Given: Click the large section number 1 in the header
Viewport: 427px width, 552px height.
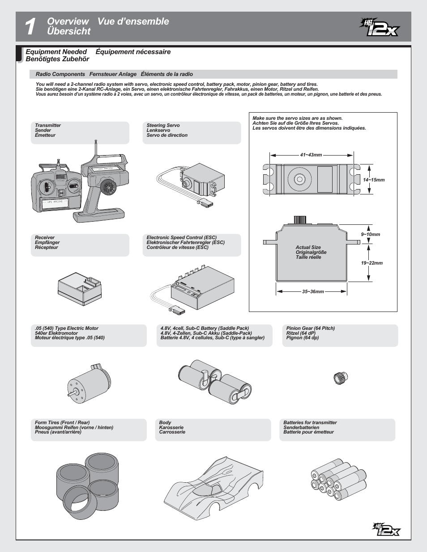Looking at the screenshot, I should click(x=30, y=27).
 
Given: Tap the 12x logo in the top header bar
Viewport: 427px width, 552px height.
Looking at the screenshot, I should click(x=380, y=27).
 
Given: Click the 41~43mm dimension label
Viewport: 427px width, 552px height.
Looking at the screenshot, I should click(x=311, y=155).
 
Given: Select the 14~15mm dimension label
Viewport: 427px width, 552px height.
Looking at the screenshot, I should click(x=374, y=180).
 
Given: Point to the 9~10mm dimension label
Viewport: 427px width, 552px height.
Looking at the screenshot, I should click(x=371, y=235).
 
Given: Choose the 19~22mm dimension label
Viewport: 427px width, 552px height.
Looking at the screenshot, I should click(x=372, y=263).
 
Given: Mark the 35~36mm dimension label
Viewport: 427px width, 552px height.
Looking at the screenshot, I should click(x=313, y=292).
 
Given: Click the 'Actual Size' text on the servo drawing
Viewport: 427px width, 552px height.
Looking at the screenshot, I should click(x=308, y=247).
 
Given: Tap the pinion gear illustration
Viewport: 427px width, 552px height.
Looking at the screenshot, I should click(x=341, y=379).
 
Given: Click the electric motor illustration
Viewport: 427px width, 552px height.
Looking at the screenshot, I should click(x=89, y=384).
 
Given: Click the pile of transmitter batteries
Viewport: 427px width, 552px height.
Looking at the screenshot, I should click(x=338, y=479).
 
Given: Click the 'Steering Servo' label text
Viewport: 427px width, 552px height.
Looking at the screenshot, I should click(x=163, y=126).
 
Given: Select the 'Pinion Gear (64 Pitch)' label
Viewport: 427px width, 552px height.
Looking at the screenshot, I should click(x=311, y=328).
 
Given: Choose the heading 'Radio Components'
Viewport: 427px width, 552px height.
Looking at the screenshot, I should click(x=60, y=74).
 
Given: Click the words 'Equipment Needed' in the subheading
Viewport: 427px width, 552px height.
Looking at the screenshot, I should click(x=56, y=52).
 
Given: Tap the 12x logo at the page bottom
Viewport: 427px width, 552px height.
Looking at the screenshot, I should click(x=387, y=530).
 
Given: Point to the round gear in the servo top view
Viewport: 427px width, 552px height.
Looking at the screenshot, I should click(x=299, y=179).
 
